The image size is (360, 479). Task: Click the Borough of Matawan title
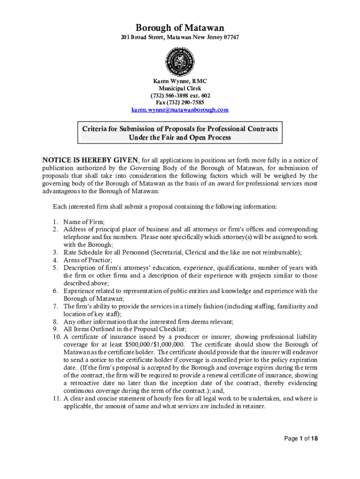pyautogui.click(x=180, y=28)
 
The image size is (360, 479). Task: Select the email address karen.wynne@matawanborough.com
pyautogui.click(x=180, y=109)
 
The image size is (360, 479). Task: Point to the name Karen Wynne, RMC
pyautogui.click(x=180, y=81)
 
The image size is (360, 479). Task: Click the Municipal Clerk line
pyautogui.click(x=180, y=88)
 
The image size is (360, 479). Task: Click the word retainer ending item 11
pyautogui.click(x=253, y=406)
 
